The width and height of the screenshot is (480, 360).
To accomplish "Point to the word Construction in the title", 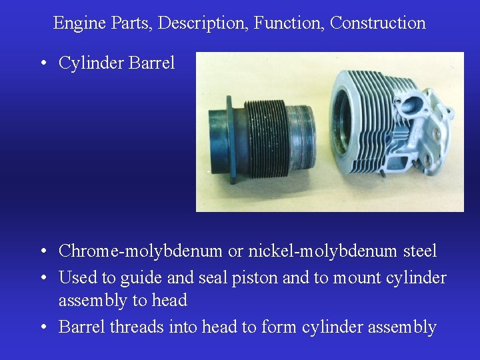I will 378,23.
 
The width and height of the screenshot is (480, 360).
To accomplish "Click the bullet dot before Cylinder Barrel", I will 43,64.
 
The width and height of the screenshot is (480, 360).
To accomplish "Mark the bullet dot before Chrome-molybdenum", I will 43,252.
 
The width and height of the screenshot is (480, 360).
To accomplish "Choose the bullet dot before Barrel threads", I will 43,327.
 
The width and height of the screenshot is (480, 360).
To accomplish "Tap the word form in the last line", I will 280,327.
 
